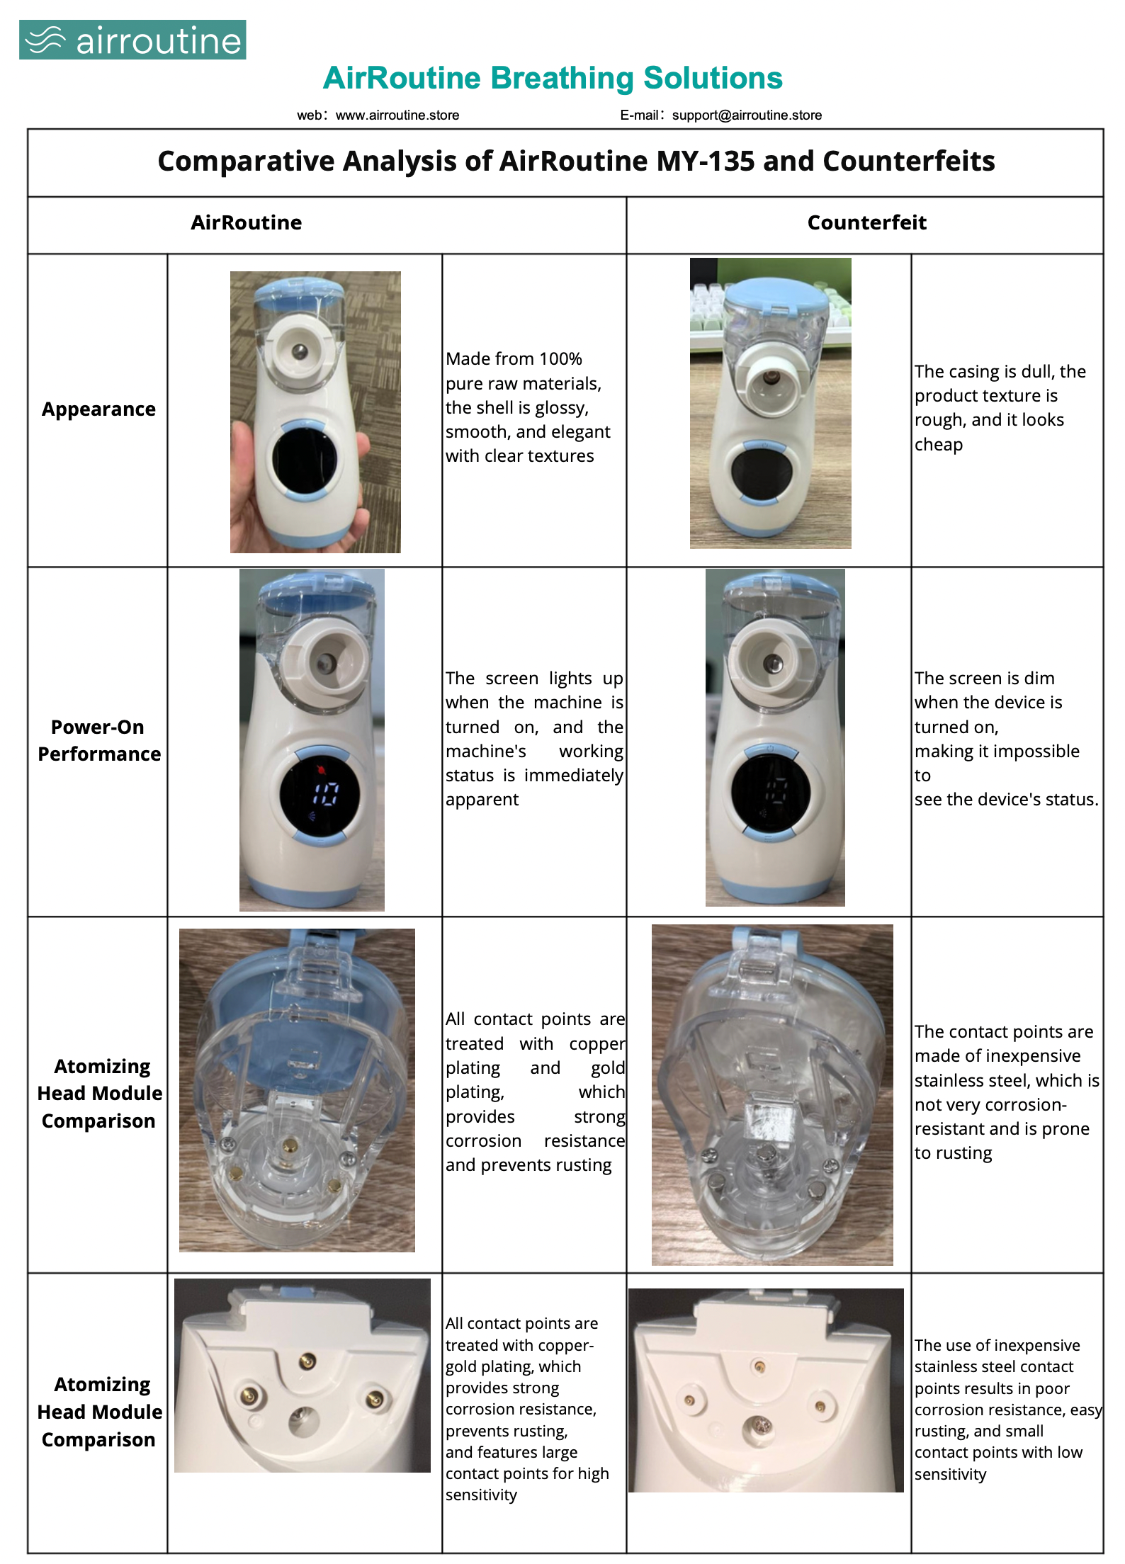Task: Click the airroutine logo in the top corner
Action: pos(132,40)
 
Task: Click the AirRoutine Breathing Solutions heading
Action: pos(553,78)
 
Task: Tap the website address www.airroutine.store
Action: pos(397,115)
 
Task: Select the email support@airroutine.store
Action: pos(747,115)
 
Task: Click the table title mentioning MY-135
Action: pos(576,161)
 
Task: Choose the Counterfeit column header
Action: pos(866,223)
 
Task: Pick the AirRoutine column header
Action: pos(246,223)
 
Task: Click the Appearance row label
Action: pos(98,410)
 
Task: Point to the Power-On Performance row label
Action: pos(99,740)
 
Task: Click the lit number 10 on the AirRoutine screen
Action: pos(327,793)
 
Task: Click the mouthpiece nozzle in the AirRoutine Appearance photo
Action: pos(299,350)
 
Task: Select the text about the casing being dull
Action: pos(1000,408)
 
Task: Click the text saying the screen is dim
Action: pos(1006,739)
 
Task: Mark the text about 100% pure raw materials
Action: pos(528,407)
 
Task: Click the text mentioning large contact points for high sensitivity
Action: pos(527,1473)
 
